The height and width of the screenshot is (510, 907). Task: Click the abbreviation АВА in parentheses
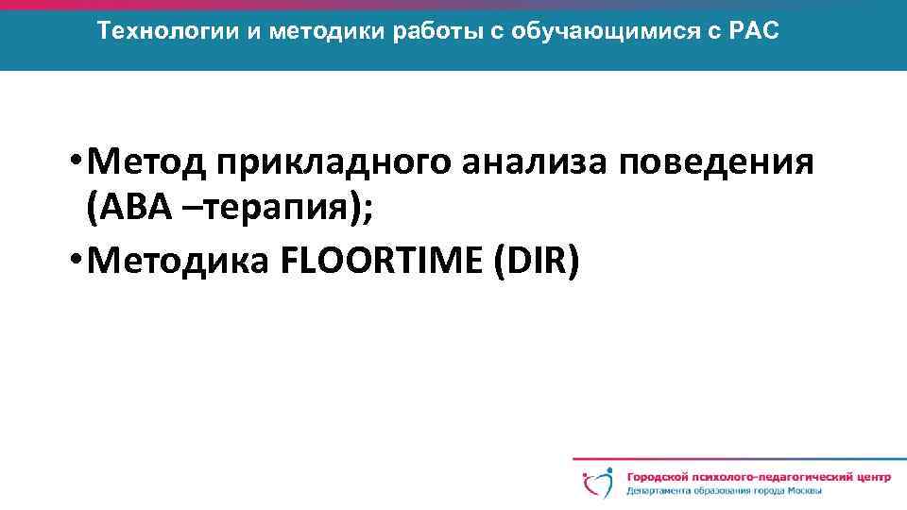pos(134,212)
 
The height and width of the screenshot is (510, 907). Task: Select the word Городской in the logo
pos(659,477)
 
